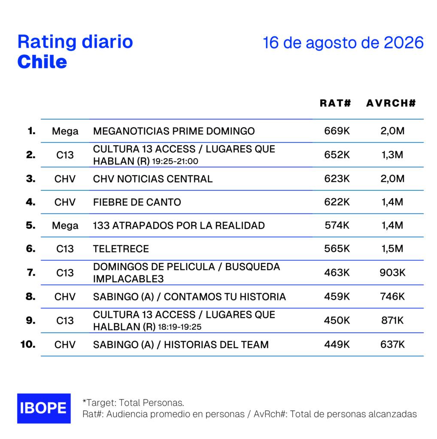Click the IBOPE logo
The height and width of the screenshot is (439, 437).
click(x=44, y=408)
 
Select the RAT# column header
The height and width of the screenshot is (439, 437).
click(x=335, y=103)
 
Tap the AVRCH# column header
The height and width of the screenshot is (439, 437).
click(x=391, y=103)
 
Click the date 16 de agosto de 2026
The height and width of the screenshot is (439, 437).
click(x=343, y=42)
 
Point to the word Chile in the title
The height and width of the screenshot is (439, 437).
click(x=42, y=62)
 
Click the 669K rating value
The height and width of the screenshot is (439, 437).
click(x=337, y=131)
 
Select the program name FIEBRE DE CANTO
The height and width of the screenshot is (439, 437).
click(x=137, y=202)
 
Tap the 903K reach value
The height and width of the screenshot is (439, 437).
click(x=392, y=272)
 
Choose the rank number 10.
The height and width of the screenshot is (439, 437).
click(x=28, y=344)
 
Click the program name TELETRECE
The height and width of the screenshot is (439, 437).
click(x=121, y=249)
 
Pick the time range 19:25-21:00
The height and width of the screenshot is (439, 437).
click(x=175, y=162)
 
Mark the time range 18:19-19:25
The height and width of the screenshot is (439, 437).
click(x=180, y=327)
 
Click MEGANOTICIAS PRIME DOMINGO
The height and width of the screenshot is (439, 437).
click(x=174, y=131)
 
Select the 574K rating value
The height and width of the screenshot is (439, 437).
click(x=337, y=225)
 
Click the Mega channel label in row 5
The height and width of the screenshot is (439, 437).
click(x=65, y=226)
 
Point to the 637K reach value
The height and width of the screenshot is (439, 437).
click(x=392, y=344)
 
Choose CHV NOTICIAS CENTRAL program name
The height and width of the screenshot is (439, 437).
click(x=153, y=179)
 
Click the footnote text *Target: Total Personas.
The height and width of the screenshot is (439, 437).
click(x=133, y=403)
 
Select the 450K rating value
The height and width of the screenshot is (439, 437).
click(x=337, y=320)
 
